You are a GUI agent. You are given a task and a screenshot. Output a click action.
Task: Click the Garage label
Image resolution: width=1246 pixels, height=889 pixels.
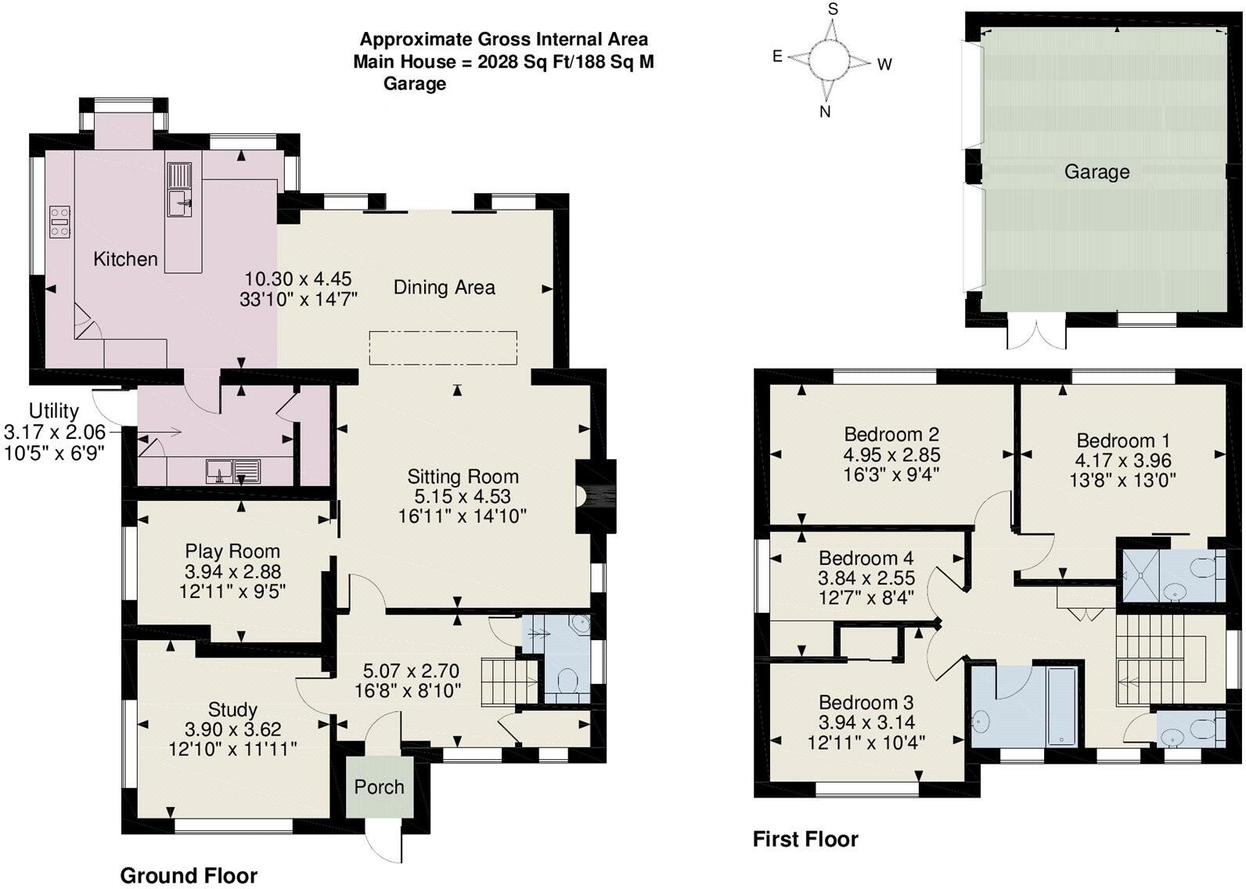[1096, 172]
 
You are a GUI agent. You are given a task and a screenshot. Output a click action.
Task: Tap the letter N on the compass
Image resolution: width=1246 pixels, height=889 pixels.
[824, 112]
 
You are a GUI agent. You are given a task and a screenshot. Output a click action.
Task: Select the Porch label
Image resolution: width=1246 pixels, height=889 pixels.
[379, 787]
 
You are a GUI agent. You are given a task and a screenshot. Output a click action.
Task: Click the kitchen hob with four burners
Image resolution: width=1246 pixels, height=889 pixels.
[59, 221]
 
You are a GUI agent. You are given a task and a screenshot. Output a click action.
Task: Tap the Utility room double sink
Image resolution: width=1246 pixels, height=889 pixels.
[233, 470]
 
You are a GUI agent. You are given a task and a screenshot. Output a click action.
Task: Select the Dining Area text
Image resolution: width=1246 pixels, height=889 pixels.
[444, 288]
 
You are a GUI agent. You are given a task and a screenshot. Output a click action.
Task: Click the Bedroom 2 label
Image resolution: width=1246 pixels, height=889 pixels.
[891, 434]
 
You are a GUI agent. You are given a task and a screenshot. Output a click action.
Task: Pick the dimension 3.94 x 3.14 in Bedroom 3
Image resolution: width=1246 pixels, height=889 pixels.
[866, 722]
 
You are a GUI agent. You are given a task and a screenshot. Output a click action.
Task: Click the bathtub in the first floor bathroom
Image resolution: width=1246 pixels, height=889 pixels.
[1061, 705]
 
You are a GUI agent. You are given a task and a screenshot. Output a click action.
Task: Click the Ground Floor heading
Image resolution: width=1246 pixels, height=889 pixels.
[189, 875]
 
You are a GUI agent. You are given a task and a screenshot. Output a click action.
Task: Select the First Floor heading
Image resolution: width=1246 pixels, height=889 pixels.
[805, 840]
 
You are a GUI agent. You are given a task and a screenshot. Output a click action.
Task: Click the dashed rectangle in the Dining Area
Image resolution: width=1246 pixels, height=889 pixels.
[443, 347]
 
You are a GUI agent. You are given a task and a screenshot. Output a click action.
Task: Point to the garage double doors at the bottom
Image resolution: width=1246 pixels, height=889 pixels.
[1036, 331]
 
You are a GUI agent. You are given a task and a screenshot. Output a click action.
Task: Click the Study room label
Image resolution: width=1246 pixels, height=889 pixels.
[232, 710]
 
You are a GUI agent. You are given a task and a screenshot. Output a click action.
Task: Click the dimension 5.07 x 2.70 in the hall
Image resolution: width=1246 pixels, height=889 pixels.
[410, 671]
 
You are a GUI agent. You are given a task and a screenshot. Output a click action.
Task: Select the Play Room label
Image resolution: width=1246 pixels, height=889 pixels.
[232, 551]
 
